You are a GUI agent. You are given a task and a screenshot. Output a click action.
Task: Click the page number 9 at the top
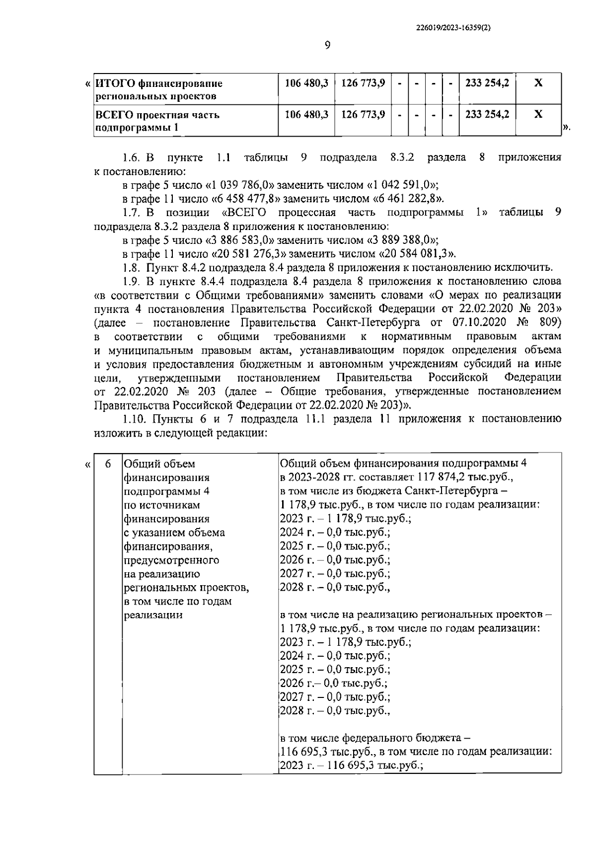(x=327, y=46)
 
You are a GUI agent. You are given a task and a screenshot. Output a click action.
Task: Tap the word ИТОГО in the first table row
(x=114, y=83)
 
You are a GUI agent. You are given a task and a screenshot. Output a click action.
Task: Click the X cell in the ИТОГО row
(x=538, y=83)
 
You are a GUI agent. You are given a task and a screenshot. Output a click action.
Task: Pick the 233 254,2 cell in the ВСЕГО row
(x=487, y=114)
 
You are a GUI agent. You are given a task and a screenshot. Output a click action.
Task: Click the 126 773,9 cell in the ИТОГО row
(x=363, y=83)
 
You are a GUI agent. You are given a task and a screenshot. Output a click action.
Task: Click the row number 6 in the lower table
(x=108, y=464)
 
